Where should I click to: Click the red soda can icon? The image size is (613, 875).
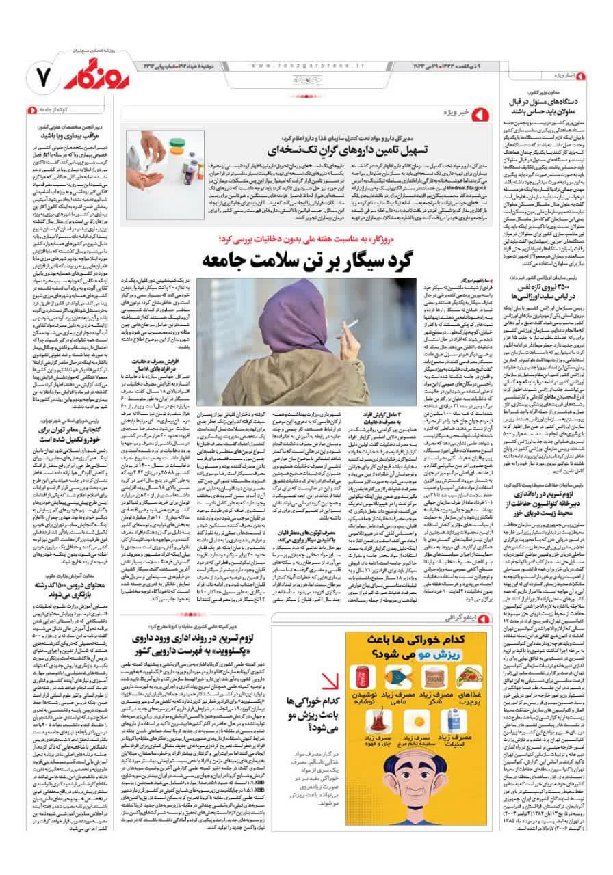click(x=366, y=676)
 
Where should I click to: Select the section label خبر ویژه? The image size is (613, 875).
click(x=449, y=111)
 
